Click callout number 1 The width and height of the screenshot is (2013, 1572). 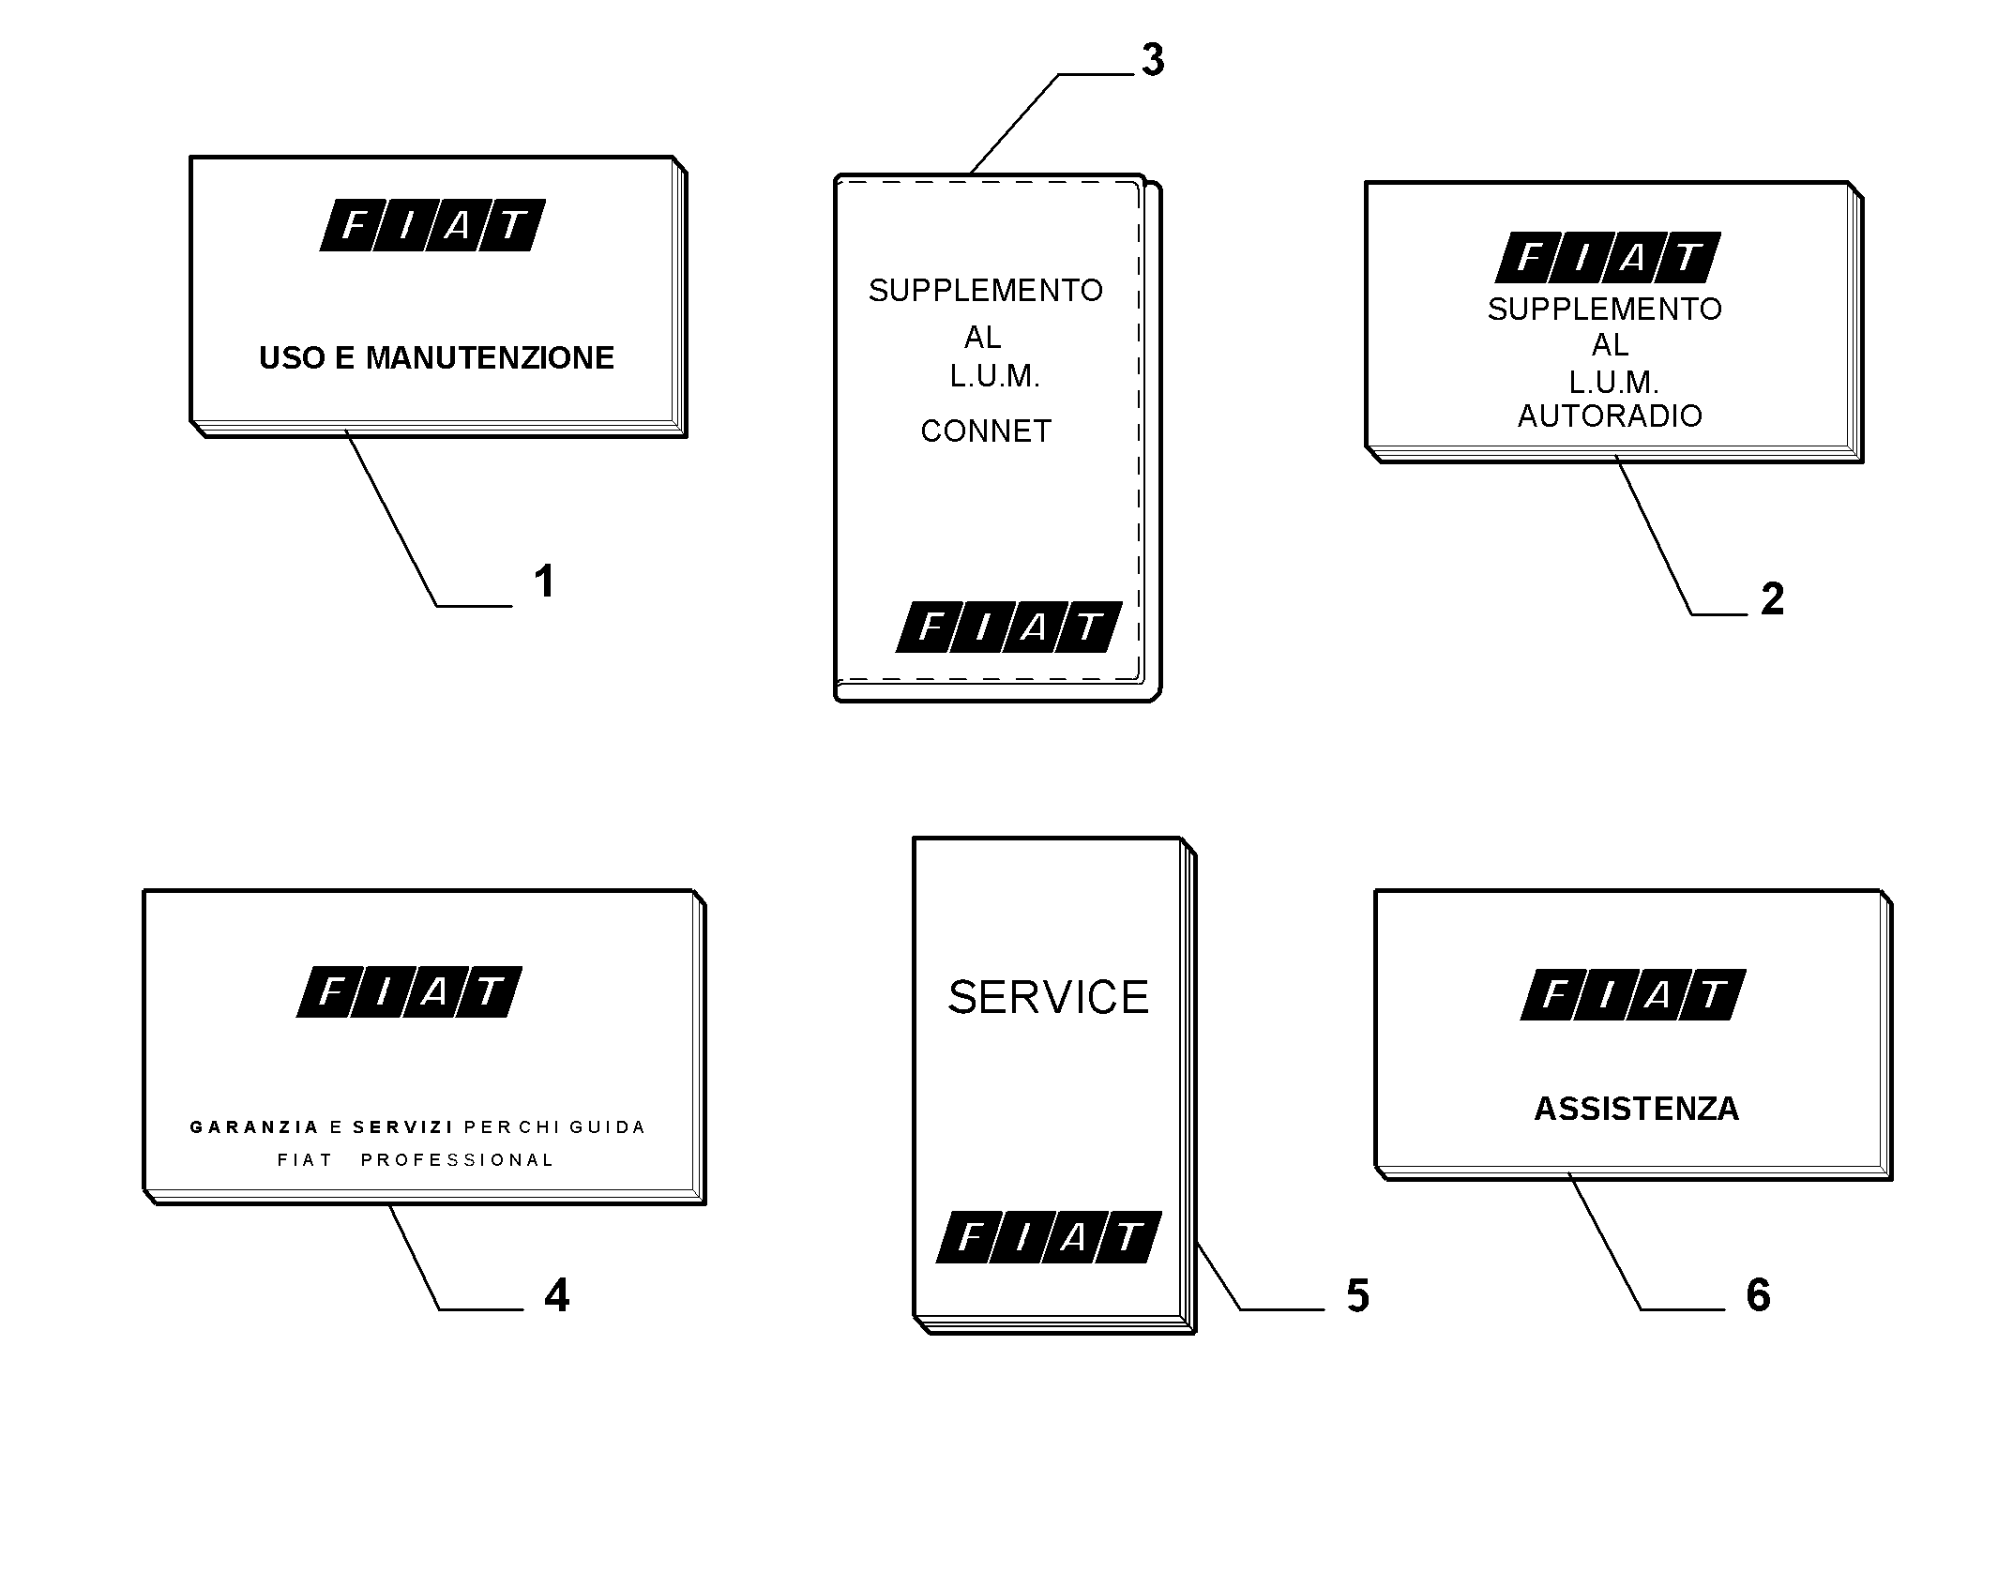[544, 582]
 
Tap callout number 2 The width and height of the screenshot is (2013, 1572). [1772, 599]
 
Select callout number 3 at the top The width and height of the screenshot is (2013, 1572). [1153, 60]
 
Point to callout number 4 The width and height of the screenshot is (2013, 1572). [557, 1295]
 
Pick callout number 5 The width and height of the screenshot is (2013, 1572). [1358, 1295]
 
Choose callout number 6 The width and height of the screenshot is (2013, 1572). [1759, 1295]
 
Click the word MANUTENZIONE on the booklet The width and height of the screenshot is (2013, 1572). [490, 357]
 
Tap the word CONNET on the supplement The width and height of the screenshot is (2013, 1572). [986, 431]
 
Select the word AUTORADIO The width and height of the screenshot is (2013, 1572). [1610, 416]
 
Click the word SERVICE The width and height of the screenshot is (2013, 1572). [1049, 997]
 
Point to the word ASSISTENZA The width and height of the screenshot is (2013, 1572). [1637, 1109]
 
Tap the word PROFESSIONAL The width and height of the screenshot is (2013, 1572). [458, 1160]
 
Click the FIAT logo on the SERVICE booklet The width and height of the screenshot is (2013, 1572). [1049, 1237]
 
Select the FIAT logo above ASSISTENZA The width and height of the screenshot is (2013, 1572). [1633, 994]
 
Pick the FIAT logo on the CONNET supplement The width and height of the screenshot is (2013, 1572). [1009, 627]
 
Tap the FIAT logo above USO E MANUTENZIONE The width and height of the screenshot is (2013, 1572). [432, 225]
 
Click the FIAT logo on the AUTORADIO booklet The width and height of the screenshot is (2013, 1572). [1608, 257]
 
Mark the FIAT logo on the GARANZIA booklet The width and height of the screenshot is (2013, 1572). [409, 991]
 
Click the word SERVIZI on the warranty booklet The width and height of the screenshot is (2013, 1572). [403, 1126]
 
